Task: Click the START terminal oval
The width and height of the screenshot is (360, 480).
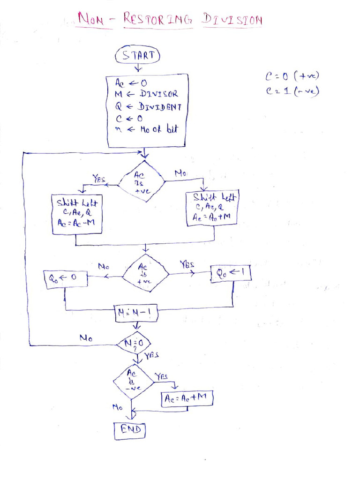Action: pos(138,55)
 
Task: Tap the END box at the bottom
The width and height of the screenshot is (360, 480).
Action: pos(130,430)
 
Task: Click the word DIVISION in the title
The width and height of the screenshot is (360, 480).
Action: pos(232,20)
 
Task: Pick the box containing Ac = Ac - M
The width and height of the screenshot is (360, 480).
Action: pos(76,215)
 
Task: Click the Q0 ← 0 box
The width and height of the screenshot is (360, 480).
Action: pos(62,279)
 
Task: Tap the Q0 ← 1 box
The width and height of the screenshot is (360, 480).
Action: pos(231,273)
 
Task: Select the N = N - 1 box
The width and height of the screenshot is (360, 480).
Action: pos(136,314)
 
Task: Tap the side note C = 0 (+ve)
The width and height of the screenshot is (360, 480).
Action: pos(292,76)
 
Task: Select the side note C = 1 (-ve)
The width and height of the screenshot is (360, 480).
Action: pos(292,90)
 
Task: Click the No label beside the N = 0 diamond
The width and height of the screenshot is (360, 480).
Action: pos(86,337)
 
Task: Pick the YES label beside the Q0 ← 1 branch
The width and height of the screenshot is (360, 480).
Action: pos(187,264)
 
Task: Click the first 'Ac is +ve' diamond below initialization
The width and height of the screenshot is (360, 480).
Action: pos(141,181)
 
